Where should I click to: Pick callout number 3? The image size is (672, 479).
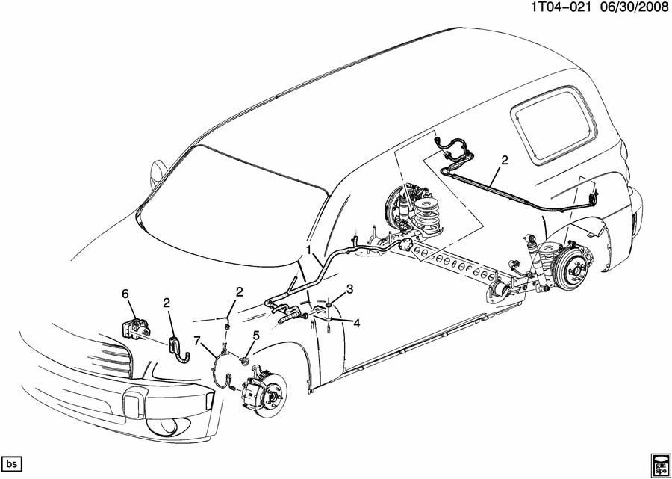click(349, 290)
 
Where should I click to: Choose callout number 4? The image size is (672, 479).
click(356, 324)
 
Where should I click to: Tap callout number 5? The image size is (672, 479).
click(255, 336)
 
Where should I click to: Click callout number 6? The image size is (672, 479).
click(125, 294)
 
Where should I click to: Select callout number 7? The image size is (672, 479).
click(198, 342)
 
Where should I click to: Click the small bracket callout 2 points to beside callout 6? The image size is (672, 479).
click(177, 347)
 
